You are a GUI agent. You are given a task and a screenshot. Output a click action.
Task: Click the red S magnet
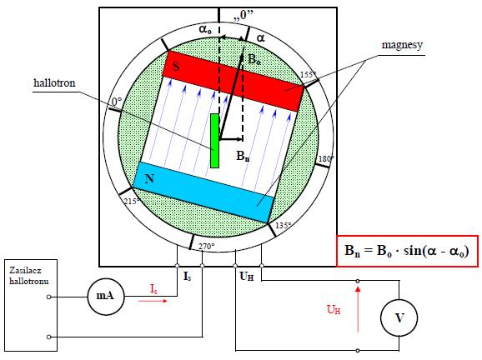tap(233, 81)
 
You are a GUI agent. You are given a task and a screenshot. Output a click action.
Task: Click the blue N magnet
tap(203, 192)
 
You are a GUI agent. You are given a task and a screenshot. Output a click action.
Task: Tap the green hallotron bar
tap(215, 141)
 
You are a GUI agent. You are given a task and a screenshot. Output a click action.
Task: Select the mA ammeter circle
tap(106, 297)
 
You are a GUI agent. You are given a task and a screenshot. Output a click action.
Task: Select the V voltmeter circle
tap(399, 317)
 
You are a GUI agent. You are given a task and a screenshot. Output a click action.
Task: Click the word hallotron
tap(54, 83)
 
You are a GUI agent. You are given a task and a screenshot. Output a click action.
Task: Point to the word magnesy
tap(402, 45)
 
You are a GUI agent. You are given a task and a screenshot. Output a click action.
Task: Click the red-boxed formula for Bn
tap(407, 251)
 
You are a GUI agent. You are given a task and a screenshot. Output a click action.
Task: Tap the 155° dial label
tap(308, 75)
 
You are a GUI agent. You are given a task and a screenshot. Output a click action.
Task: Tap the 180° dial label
tap(326, 159)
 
